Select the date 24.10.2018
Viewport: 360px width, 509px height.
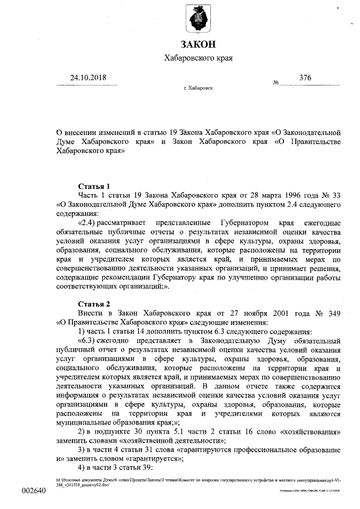pos(88,78)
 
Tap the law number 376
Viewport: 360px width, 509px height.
pos(305,78)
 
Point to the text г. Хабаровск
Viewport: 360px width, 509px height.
pos(198,89)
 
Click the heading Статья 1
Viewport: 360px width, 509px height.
pos(94,186)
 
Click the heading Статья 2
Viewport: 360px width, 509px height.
pos(94,304)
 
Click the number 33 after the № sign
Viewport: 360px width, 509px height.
pos(336,195)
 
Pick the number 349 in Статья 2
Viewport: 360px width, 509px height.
pos(334,313)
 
